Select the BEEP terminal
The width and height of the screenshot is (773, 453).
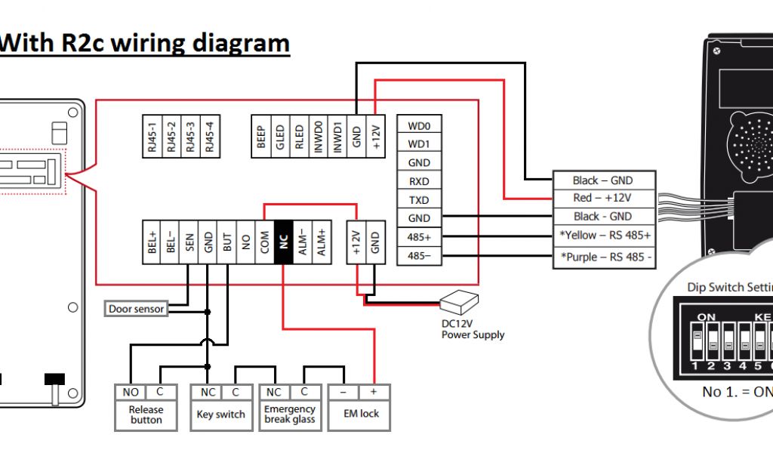pos(261,137)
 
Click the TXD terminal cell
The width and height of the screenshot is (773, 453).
pos(419,199)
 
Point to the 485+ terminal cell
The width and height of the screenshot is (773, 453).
pos(419,236)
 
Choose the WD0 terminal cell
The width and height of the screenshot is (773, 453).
pos(419,125)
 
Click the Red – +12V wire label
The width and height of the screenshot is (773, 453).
pos(602,198)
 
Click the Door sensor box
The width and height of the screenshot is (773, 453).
pos(136,309)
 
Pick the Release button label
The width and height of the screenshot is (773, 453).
pos(146,414)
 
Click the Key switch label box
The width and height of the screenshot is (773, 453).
pos(220,414)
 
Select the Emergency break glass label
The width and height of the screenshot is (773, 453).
pos(290,414)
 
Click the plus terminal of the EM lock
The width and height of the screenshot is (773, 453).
pos(374,393)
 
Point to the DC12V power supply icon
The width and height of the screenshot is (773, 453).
pos(460,303)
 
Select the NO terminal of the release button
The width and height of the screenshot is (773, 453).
pos(130,393)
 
